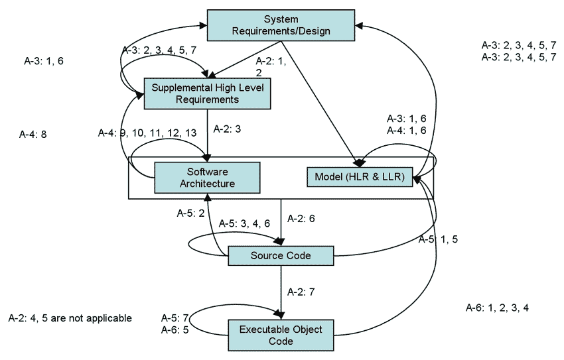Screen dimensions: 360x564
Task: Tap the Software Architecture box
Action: click(x=206, y=178)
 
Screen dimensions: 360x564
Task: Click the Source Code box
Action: click(x=281, y=255)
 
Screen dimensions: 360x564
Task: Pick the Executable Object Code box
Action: click(x=280, y=335)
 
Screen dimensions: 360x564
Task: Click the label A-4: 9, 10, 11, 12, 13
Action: click(x=147, y=133)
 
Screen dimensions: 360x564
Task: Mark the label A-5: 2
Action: click(x=191, y=213)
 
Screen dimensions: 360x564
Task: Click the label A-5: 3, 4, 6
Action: click(x=241, y=224)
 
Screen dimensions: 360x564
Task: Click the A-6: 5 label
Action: click(x=176, y=328)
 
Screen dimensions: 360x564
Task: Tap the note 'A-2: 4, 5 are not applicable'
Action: click(x=70, y=318)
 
